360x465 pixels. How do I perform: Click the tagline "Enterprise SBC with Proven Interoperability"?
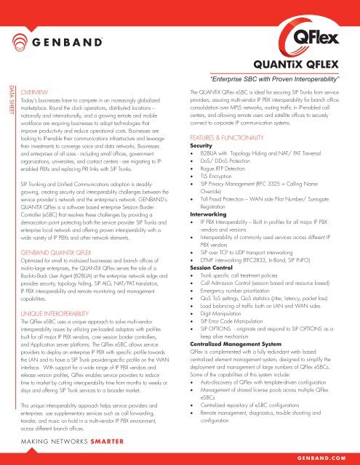pos(275,78)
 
